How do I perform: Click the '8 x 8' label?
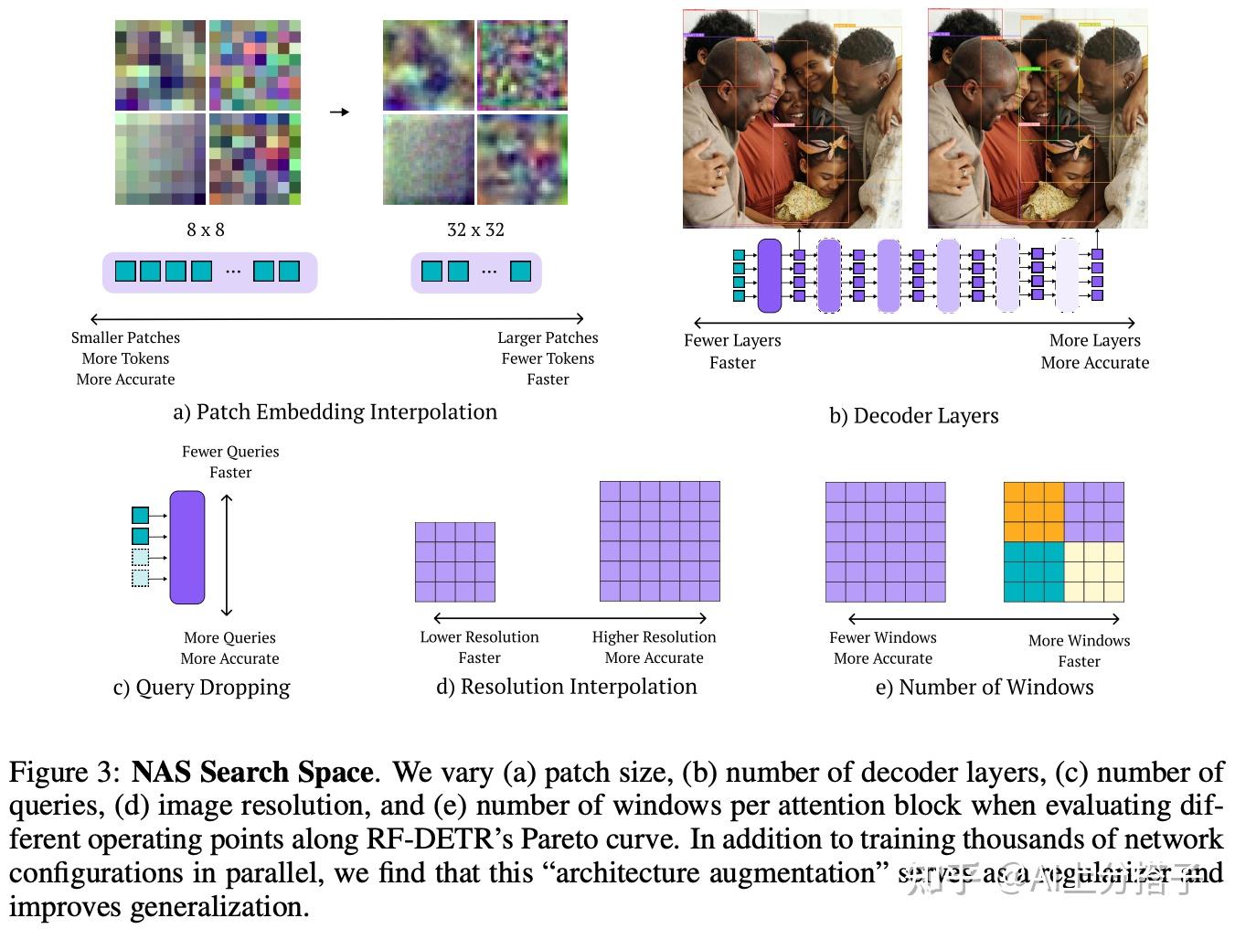tap(205, 230)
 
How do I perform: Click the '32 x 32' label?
tap(475, 230)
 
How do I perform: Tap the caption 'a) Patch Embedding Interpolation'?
tap(335, 411)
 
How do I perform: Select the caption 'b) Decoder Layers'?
tap(913, 416)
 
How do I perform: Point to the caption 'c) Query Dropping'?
tap(201, 688)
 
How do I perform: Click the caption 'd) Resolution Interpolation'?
tap(566, 687)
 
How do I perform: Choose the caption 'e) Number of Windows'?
tap(984, 688)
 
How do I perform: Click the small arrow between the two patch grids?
tap(339, 112)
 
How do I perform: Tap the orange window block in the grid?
tap(1034, 512)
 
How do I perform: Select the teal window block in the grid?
tap(1034, 571)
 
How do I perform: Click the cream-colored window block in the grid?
tap(1094, 571)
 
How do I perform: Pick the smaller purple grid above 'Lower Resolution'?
tap(454, 561)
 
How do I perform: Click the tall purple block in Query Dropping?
tap(187, 547)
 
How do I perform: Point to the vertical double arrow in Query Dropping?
tap(227, 555)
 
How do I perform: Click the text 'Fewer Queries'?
tap(230, 452)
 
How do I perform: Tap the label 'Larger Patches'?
tap(548, 338)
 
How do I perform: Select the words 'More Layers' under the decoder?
tap(1094, 340)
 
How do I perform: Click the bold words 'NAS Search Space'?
tap(252, 773)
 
